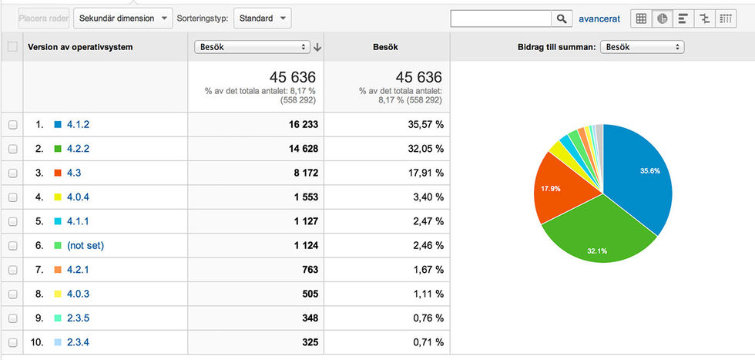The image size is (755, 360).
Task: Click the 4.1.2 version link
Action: click(79, 124)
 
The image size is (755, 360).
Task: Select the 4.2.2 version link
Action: click(79, 148)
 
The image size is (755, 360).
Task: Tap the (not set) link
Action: click(86, 245)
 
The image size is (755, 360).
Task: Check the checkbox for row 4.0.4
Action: click(12, 197)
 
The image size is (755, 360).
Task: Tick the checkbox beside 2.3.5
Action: click(12, 318)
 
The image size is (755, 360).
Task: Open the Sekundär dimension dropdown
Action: click(122, 18)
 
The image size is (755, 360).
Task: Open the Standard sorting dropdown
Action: click(262, 18)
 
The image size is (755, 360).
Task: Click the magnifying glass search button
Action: click(562, 19)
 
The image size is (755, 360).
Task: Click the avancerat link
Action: click(599, 19)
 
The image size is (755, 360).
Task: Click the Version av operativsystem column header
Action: click(80, 47)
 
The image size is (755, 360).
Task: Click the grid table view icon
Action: click(641, 19)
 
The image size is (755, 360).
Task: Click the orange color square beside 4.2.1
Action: click(58, 270)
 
